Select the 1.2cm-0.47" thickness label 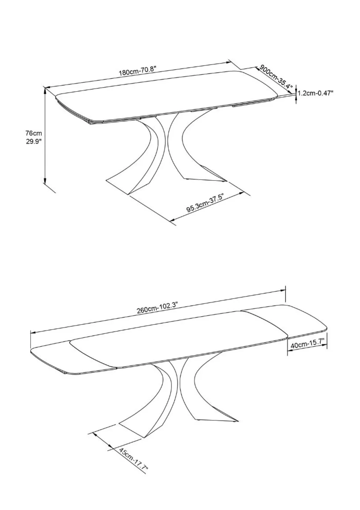coord(315,93)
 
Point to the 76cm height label coord(34,133)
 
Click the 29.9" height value coord(34,142)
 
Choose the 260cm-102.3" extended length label coord(157,308)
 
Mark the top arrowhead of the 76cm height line coord(45,91)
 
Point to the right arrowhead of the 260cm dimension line coord(282,291)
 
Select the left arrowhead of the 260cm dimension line coord(33,333)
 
